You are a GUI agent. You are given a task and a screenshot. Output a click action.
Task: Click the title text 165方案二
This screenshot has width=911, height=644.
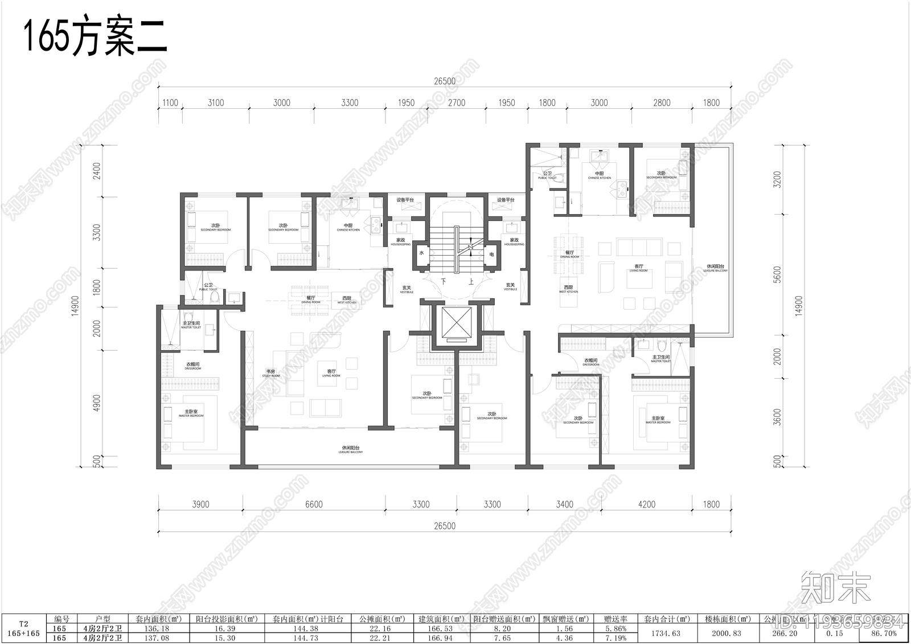(x=95, y=38)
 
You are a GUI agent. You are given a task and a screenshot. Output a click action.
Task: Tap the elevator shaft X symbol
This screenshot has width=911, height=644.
(x=454, y=324)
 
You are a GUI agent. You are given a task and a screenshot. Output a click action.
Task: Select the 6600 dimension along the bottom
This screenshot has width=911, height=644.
(x=314, y=504)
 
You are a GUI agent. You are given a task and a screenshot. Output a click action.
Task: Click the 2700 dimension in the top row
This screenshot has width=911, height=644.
(x=456, y=103)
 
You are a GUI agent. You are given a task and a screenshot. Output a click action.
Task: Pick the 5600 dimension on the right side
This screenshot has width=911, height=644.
(x=778, y=274)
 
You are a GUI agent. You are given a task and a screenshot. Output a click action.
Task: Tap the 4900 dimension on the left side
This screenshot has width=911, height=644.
(x=97, y=403)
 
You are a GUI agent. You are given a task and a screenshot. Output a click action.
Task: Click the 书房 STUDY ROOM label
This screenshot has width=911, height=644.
(x=271, y=372)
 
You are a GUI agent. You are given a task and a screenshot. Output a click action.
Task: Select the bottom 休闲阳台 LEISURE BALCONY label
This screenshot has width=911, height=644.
(x=350, y=449)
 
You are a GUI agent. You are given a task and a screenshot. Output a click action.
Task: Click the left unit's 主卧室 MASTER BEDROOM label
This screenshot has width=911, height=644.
(x=191, y=413)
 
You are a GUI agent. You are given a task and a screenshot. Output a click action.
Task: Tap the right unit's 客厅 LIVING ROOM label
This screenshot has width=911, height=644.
(x=639, y=268)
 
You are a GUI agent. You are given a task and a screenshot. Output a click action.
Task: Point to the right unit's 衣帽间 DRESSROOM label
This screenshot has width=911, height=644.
(x=591, y=362)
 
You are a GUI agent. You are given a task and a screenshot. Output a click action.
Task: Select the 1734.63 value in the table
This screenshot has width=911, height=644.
(x=667, y=633)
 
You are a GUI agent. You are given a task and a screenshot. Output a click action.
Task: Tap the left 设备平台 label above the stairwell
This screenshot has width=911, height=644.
(x=405, y=200)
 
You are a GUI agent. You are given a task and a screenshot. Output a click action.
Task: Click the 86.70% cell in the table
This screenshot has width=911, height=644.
(x=884, y=633)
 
